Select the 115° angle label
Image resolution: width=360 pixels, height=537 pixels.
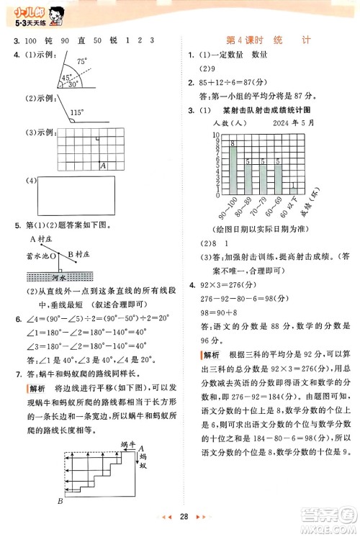77,112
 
